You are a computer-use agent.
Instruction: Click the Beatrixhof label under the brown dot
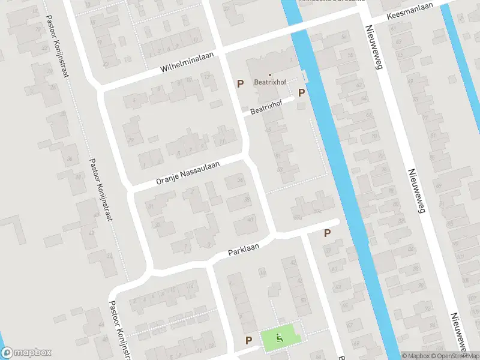click(x=269, y=82)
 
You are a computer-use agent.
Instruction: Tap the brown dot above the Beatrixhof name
click(x=269, y=74)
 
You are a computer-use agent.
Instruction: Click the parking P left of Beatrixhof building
click(x=240, y=84)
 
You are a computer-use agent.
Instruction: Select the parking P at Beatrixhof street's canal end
click(x=302, y=92)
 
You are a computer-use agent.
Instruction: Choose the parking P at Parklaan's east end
click(x=328, y=233)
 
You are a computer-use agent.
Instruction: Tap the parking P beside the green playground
click(x=248, y=340)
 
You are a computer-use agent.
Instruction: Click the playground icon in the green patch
click(x=279, y=337)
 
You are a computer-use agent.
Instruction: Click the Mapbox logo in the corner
click(x=26, y=353)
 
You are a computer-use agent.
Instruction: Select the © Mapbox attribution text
click(x=416, y=356)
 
